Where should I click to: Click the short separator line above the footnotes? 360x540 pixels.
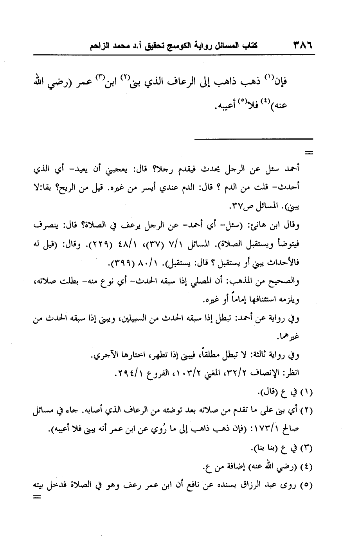coord(254,139)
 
